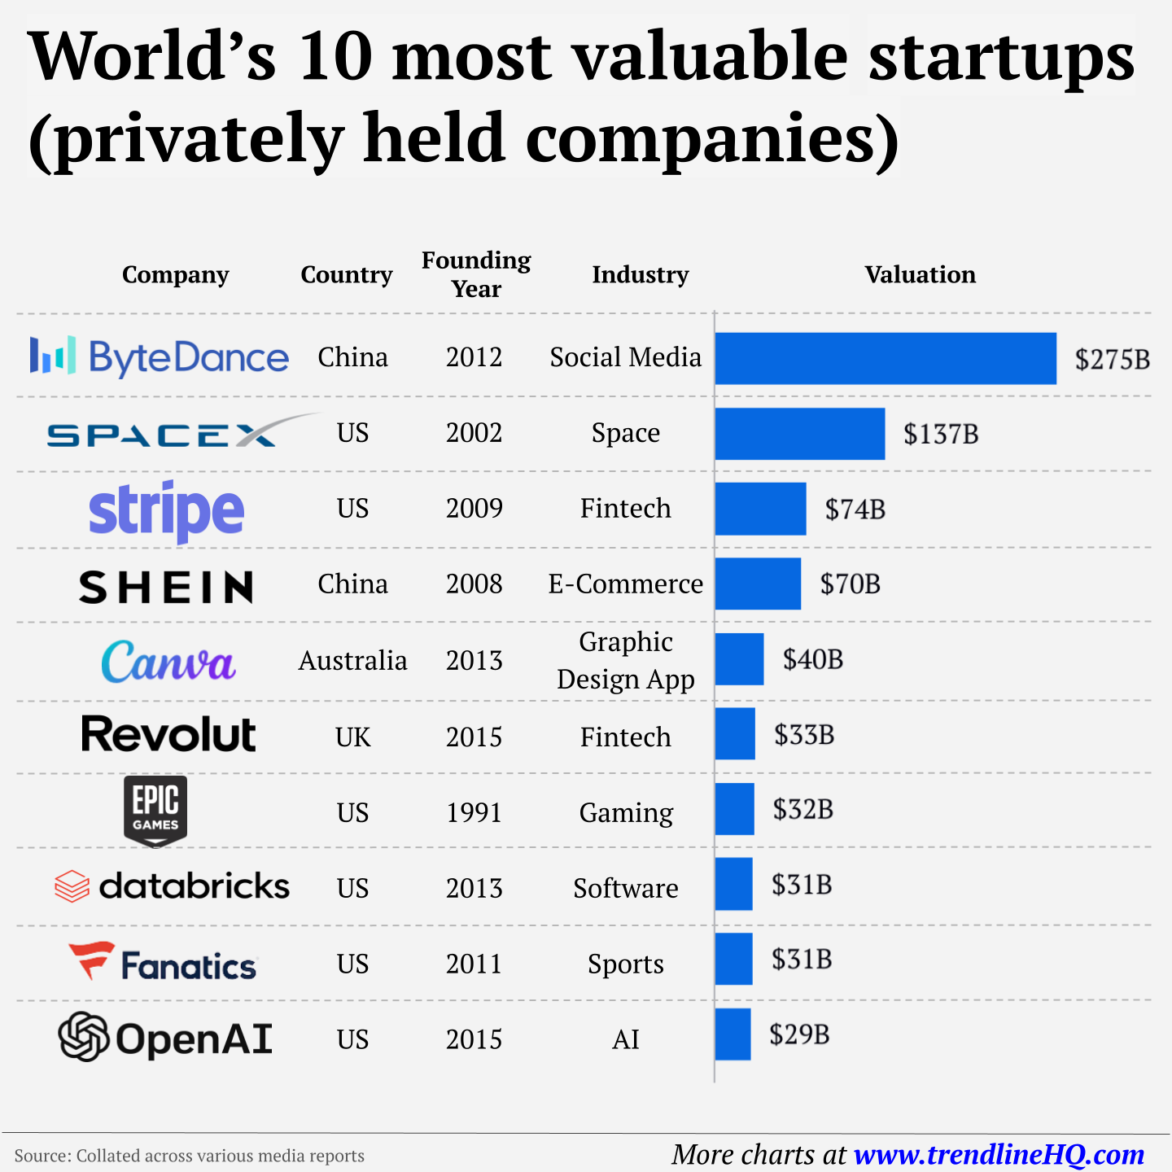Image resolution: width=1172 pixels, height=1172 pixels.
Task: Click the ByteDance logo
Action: pos(160,356)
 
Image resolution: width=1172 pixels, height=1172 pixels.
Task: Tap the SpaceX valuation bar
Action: pos(799,434)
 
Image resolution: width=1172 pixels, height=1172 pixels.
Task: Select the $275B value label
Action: pos(1112,359)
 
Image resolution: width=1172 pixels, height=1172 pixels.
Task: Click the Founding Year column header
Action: pos(476,274)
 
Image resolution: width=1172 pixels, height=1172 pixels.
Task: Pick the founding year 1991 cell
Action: pos(474,812)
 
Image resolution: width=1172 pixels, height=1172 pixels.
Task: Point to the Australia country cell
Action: pos(352,660)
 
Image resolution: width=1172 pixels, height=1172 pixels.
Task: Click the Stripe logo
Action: pos(167,510)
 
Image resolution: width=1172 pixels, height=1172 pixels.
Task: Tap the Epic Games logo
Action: pos(155,811)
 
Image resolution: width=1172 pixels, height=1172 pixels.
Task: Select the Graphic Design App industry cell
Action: pos(625,660)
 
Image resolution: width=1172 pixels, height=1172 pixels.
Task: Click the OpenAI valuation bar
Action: pos(732,1034)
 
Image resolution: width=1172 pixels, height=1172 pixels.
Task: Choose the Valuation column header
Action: pos(920,274)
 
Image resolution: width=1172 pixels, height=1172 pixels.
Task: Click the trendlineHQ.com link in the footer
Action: pos(999,1154)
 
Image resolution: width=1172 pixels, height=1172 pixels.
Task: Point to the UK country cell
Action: pos(352,737)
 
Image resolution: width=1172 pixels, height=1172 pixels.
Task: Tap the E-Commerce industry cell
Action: pos(625,584)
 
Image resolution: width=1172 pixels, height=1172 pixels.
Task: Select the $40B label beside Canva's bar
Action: pos(812,659)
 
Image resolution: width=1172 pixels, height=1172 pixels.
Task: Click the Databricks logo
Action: pos(172,886)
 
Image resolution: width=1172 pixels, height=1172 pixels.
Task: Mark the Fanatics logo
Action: pos(163,963)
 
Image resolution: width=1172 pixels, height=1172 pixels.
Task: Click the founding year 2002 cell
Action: pos(474,433)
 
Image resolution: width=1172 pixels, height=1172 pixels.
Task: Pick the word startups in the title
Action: pos(1001,57)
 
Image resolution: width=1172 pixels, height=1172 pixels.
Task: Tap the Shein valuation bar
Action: pos(758,584)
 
